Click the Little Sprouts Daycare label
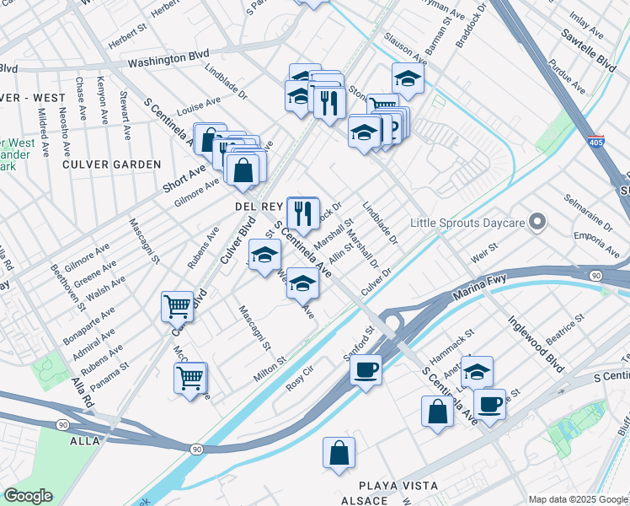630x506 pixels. point(467,223)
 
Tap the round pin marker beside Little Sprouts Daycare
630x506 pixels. point(538,223)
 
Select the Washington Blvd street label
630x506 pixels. point(168,60)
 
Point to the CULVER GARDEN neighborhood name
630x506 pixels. point(110,164)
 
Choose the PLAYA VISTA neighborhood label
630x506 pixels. point(398,487)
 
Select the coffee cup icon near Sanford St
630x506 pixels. point(366,369)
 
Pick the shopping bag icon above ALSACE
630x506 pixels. point(338,452)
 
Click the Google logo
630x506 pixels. point(28,496)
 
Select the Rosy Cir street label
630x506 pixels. point(301,376)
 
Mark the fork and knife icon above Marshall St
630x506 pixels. point(302,211)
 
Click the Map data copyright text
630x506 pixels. point(577,499)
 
